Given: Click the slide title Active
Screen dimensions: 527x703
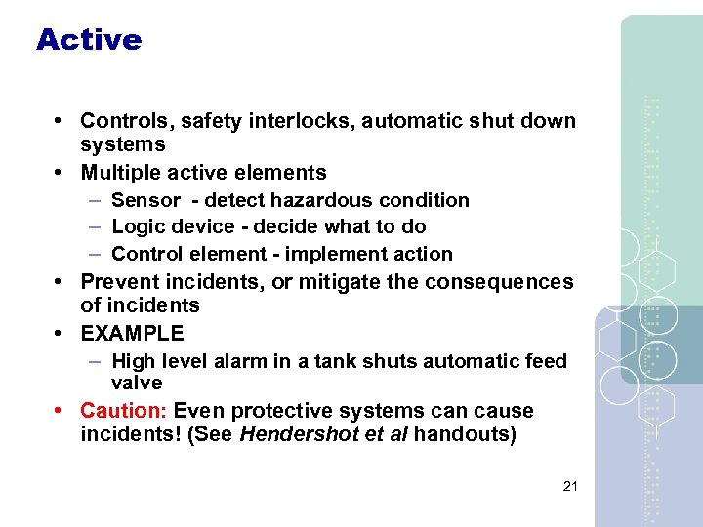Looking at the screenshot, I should click(89, 40).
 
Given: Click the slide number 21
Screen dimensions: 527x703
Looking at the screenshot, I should click(571, 486).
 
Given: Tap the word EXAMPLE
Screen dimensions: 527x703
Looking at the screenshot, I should click(132, 334).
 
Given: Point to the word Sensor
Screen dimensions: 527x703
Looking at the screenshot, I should click(145, 200).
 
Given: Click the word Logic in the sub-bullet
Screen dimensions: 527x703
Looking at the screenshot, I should click(133, 226).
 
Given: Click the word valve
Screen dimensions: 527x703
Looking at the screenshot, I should click(137, 384).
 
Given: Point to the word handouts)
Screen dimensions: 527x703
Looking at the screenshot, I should click(465, 434).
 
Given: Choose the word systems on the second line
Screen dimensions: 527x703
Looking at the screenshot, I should click(123, 144).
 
